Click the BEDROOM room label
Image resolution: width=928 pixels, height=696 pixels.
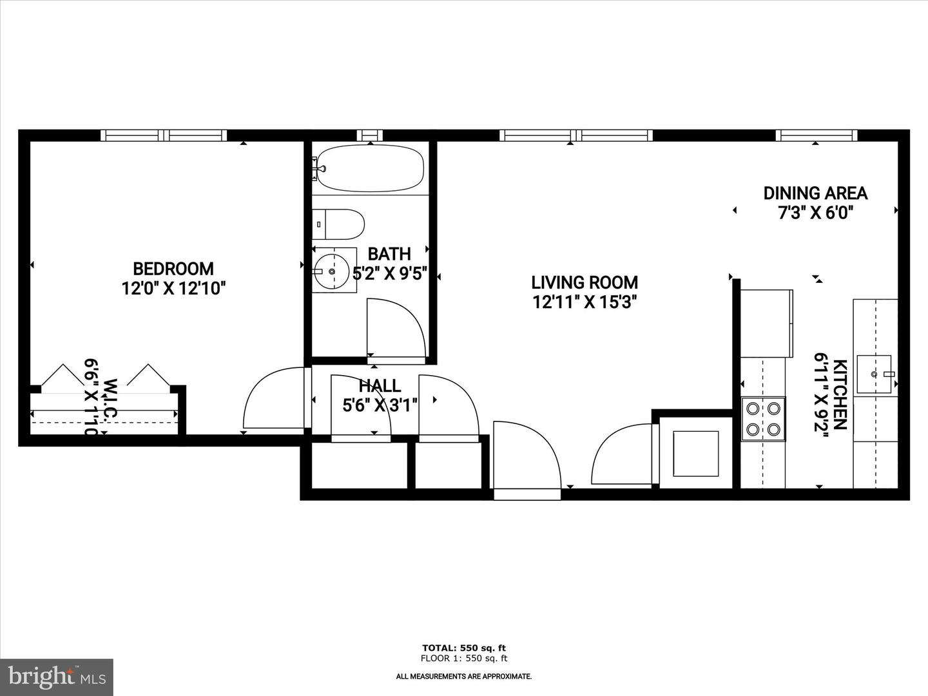(173, 268)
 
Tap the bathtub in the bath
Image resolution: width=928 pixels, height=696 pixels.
(369, 168)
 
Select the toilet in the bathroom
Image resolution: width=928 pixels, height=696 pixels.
(339, 224)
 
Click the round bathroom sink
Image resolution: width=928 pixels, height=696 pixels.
(332, 272)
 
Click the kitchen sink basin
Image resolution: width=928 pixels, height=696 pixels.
(874, 374)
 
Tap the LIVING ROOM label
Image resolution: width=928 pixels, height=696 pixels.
(585, 282)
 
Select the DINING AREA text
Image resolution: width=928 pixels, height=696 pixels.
(815, 193)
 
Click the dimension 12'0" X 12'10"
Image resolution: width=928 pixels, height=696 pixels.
(173, 288)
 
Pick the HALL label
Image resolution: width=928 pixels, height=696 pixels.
(380, 386)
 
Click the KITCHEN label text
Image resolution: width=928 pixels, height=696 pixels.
(840, 395)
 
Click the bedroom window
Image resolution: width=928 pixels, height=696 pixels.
(164, 135)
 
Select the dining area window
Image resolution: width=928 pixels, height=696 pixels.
(817, 135)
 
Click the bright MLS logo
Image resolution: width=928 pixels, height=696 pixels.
(56, 677)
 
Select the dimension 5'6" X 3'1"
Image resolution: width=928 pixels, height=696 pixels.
(380, 405)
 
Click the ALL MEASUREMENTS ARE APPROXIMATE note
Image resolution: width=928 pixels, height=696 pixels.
(464, 676)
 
